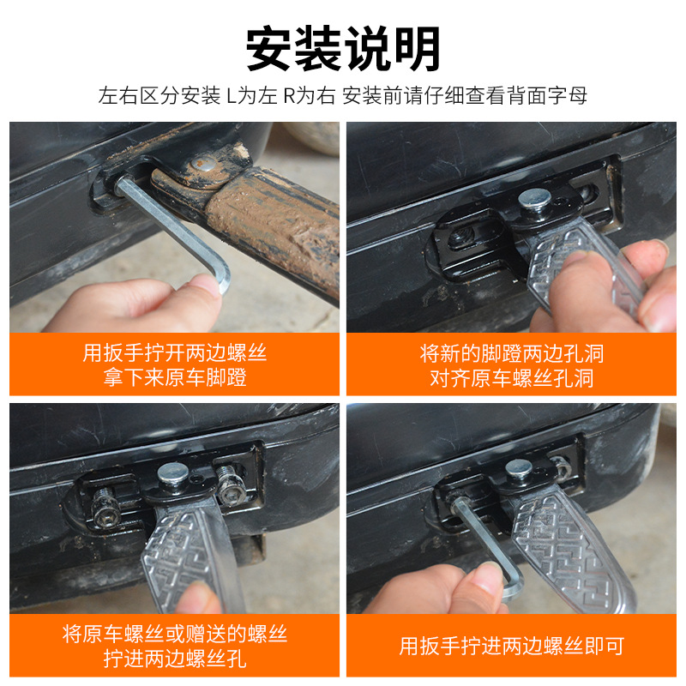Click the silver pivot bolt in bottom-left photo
[x=172, y=472]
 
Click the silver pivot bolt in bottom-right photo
[x=517, y=469]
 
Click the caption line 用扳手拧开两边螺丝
[x=174, y=353]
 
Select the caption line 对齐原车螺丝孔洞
[x=512, y=378]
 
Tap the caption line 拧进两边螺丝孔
[x=174, y=659]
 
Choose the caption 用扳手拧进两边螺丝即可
[x=512, y=646]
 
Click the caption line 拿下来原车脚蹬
[x=174, y=378]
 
